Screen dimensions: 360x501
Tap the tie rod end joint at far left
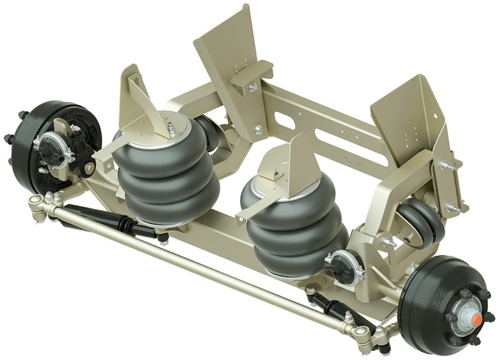pyautogui.click(x=38, y=203)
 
